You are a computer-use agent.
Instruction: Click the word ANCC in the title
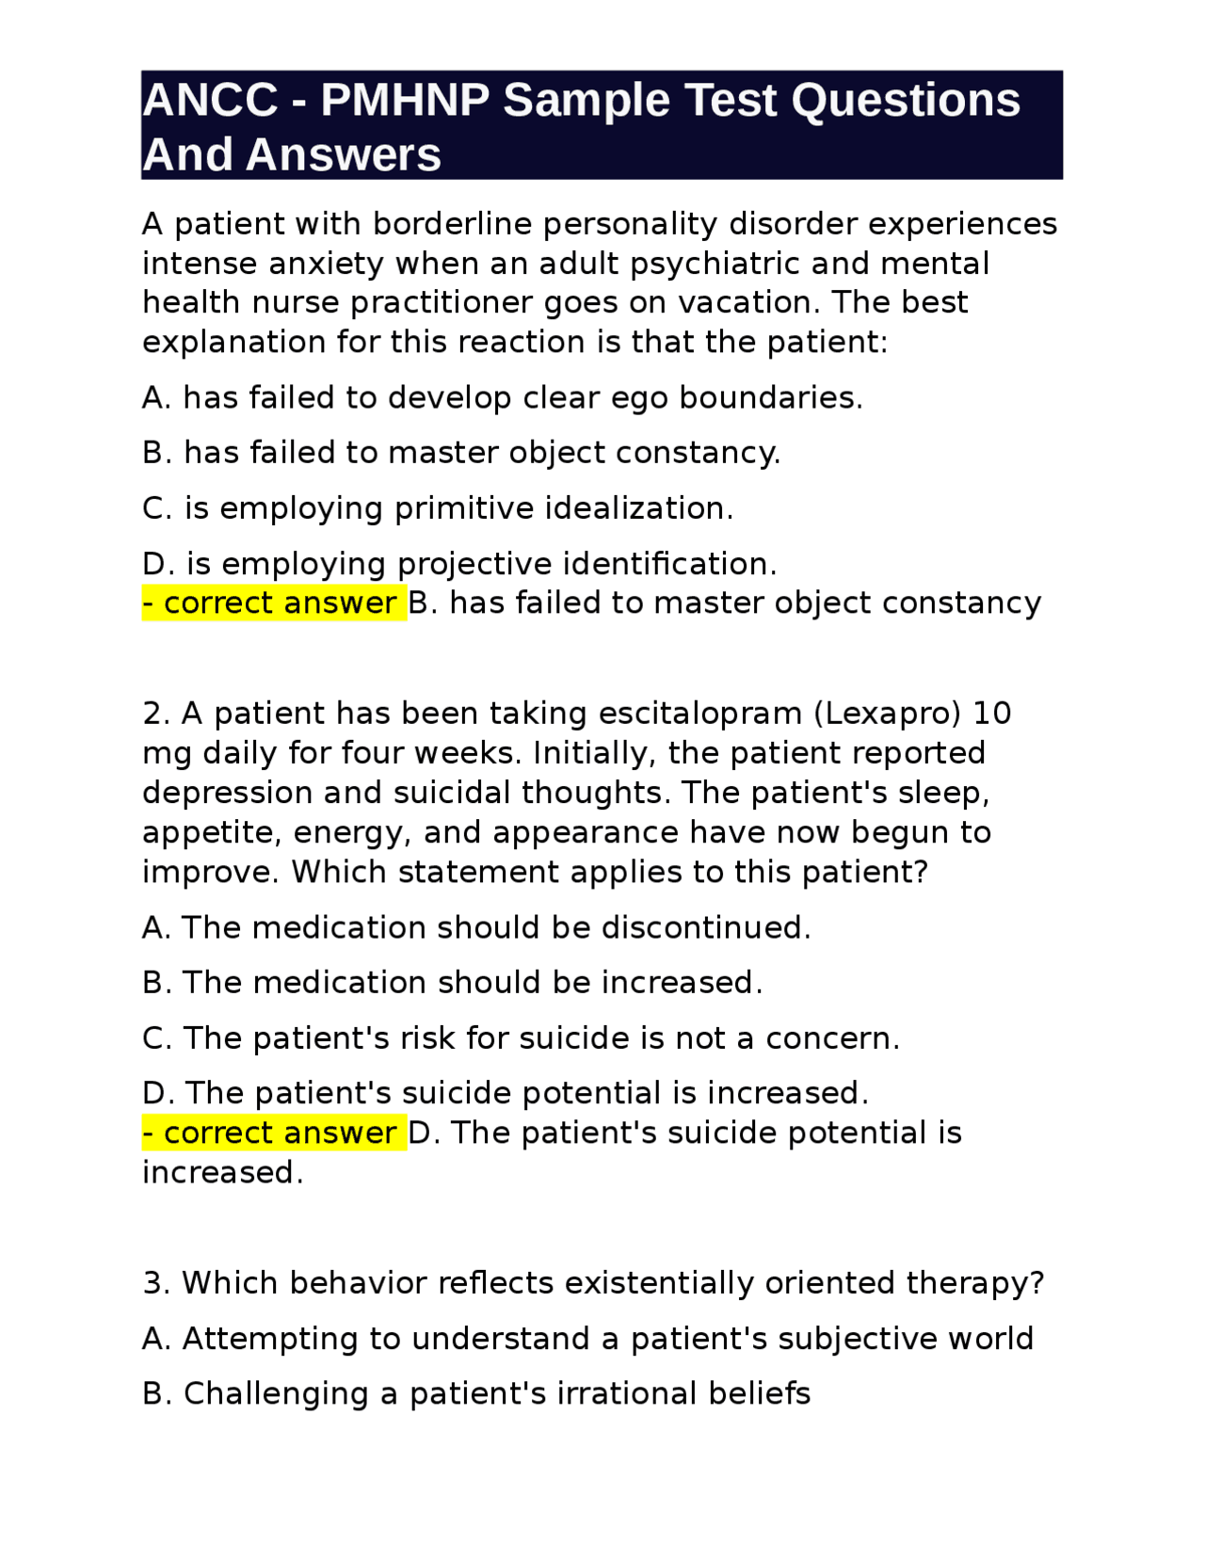tap(210, 100)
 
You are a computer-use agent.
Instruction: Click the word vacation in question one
tap(749, 302)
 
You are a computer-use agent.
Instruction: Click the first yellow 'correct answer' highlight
tap(274, 603)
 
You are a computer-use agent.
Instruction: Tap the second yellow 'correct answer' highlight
tap(274, 1133)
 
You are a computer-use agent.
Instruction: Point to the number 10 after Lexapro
tap(991, 714)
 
